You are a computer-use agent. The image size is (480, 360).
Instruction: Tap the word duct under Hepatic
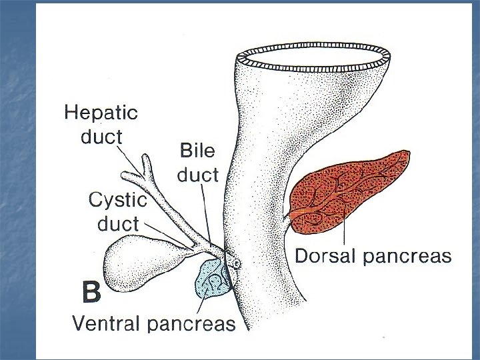pyautogui.click(x=101, y=137)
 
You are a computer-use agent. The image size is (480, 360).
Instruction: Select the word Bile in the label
pyautogui.click(x=197, y=151)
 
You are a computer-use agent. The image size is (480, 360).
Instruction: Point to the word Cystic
pyautogui.click(x=117, y=199)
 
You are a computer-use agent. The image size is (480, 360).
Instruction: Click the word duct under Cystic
pyautogui.click(x=117, y=223)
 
